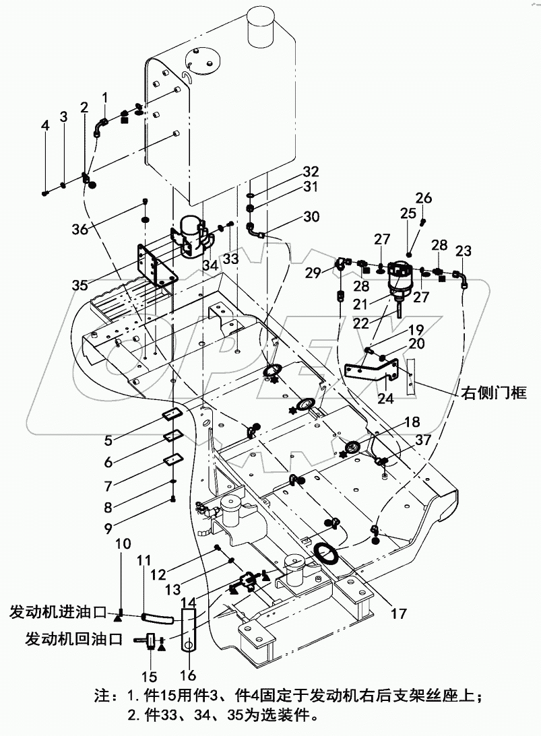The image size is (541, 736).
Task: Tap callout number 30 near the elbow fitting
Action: coord(311,217)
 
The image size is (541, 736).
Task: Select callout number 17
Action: coord(399,613)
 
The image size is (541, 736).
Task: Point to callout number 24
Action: coord(385,398)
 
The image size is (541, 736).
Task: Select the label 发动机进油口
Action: coord(58,612)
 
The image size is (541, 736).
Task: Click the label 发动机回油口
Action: coord(73,638)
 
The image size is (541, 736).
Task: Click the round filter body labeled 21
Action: coord(402,275)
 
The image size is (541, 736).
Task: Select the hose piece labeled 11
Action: coord(157,617)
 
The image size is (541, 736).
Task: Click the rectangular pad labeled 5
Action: coord(172,417)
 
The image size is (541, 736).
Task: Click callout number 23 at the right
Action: coord(463,251)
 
